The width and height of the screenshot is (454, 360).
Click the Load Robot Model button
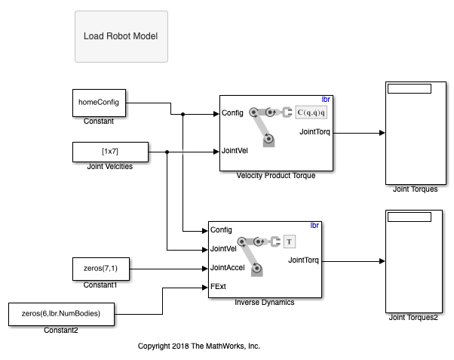(121, 36)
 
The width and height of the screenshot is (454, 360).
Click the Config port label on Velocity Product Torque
(232, 114)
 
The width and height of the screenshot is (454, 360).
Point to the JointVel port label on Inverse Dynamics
(225, 248)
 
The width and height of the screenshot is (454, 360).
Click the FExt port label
(219, 287)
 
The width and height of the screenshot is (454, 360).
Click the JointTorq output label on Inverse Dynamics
(302, 260)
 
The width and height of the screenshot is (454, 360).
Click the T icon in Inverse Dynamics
(290, 242)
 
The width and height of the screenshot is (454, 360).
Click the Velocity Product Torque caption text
(276, 175)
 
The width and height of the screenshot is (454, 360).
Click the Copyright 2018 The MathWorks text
(199, 346)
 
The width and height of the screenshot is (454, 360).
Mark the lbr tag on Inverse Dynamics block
(315, 225)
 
